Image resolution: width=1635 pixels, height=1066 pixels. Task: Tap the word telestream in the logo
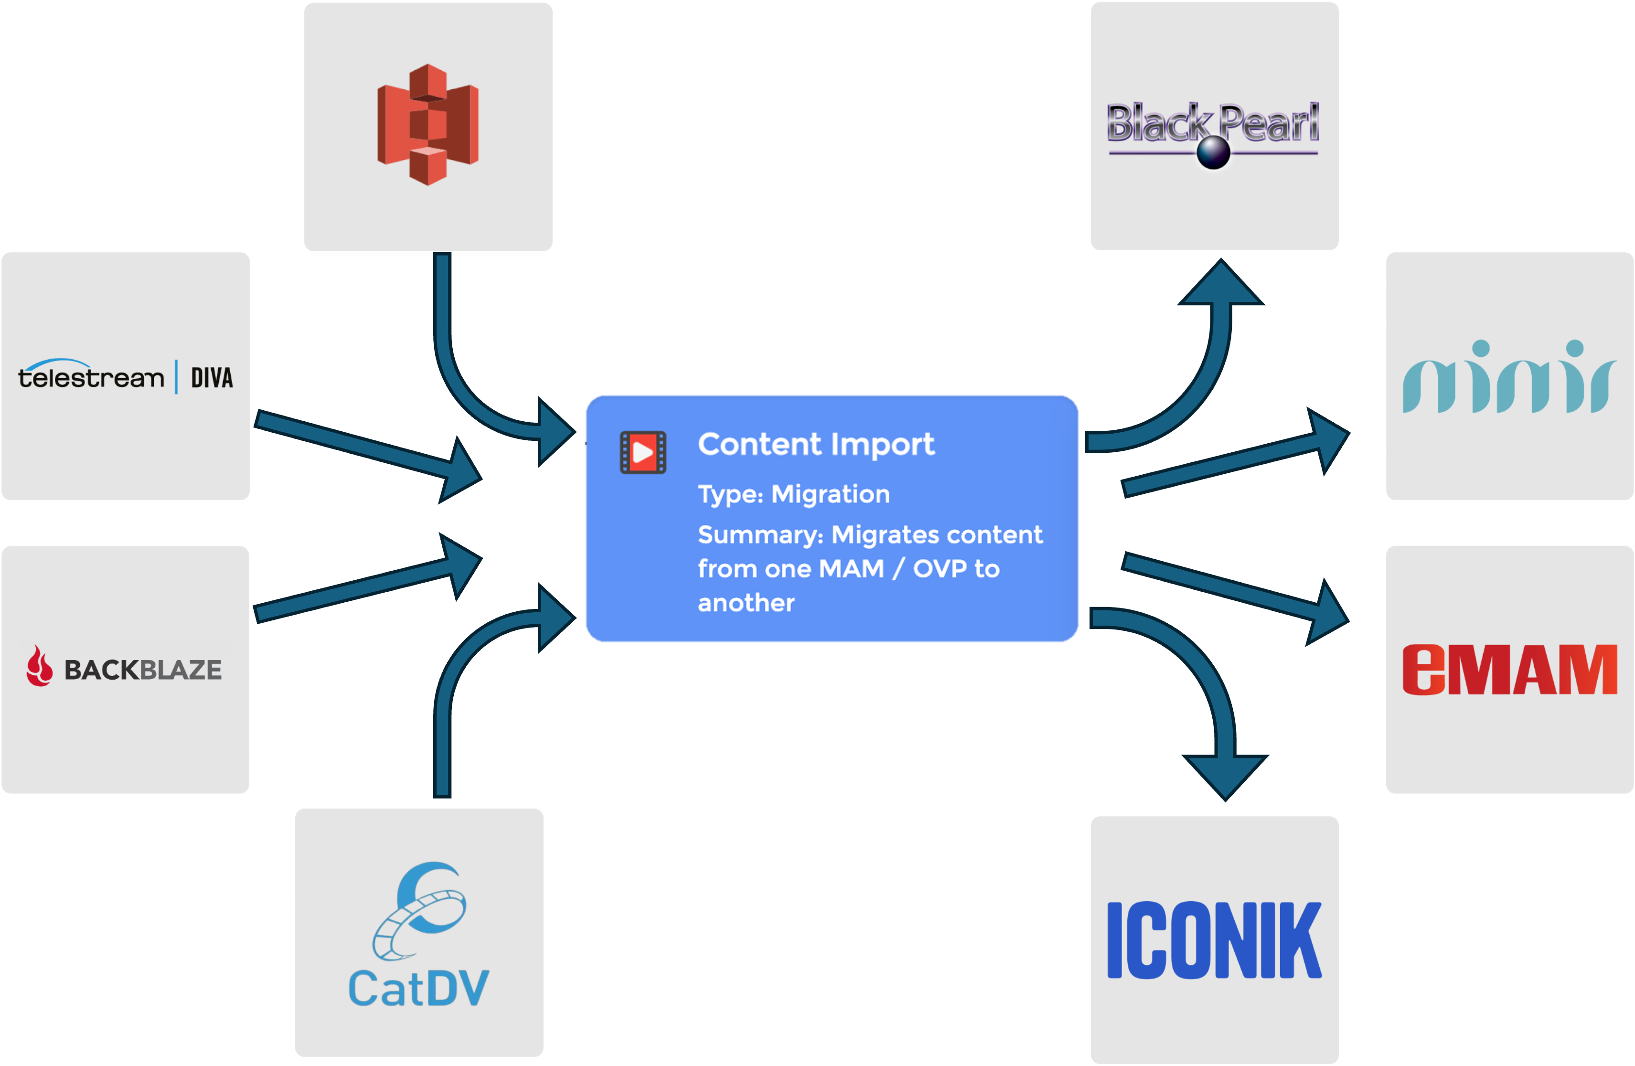(91, 376)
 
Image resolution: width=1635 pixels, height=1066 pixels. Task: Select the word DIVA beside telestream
(212, 378)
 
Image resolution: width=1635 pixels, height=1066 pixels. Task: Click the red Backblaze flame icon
(39, 666)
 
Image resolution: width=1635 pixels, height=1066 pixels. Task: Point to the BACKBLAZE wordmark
(143, 670)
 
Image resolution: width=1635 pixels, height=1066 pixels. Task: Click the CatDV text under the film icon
(418, 988)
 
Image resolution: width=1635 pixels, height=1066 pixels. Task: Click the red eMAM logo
(1509, 669)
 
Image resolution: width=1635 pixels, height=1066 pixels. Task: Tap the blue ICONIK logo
(1214, 940)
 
